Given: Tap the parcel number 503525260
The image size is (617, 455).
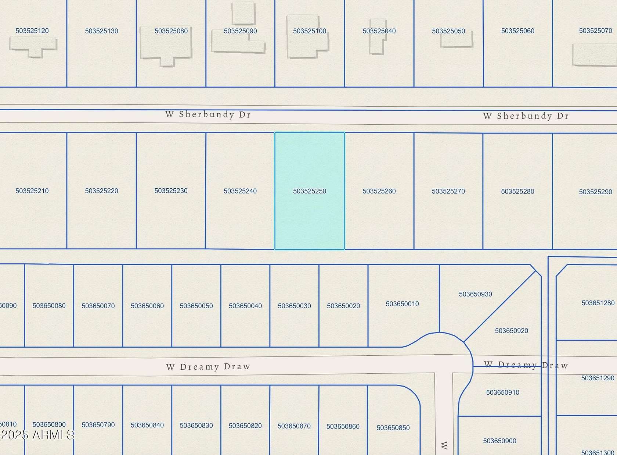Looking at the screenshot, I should click(x=379, y=191).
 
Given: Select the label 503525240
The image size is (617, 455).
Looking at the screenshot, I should click(x=240, y=191).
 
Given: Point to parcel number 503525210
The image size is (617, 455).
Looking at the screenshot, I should click(x=32, y=191).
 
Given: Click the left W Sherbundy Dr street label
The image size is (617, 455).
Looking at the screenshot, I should click(x=208, y=114).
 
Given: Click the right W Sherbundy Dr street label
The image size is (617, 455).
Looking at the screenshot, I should click(x=526, y=116).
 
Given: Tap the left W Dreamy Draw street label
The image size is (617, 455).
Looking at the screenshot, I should click(x=208, y=367).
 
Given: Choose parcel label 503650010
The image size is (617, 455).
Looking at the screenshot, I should click(x=402, y=304).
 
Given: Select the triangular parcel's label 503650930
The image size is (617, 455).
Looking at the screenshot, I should click(x=475, y=294).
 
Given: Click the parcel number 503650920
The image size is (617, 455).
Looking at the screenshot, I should click(x=511, y=331).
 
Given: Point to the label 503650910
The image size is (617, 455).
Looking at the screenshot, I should click(x=502, y=392).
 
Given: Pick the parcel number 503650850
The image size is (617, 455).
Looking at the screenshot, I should click(x=393, y=428).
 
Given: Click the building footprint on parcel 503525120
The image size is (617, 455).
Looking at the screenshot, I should click(x=33, y=46).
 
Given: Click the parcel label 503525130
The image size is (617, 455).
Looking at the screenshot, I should click(x=101, y=31).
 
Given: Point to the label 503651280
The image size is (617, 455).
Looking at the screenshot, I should click(x=598, y=303).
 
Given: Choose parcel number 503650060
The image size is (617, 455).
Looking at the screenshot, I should click(x=147, y=306).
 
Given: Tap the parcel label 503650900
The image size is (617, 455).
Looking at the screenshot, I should click(x=499, y=441).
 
